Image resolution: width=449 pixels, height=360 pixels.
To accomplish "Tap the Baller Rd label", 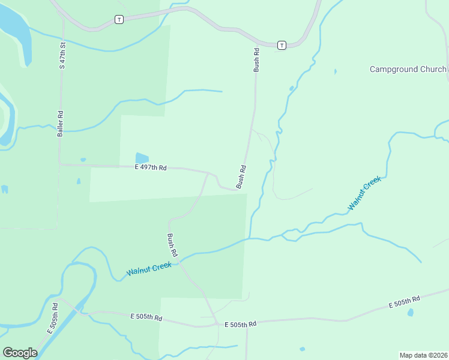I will click(x=60, y=124).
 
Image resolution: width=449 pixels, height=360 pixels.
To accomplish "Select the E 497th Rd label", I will click(x=150, y=168).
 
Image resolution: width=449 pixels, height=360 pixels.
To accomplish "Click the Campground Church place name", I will click(x=408, y=70).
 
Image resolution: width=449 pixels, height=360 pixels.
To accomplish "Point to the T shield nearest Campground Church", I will click(x=282, y=45).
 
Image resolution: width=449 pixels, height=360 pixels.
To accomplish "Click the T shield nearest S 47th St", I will click(x=119, y=20).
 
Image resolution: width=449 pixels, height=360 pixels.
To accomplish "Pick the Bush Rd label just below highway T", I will click(x=256, y=60).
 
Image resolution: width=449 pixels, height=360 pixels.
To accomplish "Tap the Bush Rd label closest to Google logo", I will click(x=173, y=246).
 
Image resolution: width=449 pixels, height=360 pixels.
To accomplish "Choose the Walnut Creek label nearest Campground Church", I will click(x=364, y=193).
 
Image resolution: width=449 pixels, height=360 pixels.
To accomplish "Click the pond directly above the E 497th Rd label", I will click(x=142, y=158).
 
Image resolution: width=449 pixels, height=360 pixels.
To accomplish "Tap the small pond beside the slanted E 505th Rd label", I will click(x=410, y=313).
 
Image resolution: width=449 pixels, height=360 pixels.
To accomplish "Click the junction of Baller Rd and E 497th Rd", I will click(x=60, y=164).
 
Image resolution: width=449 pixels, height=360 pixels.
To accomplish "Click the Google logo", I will click(x=20, y=353).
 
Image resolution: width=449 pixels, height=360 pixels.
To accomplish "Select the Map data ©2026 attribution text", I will click(x=424, y=355).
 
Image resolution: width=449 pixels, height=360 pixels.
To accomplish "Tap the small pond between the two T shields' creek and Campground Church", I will click(x=335, y=72).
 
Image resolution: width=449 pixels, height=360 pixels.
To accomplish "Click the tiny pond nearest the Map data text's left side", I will click(x=302, y=349).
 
